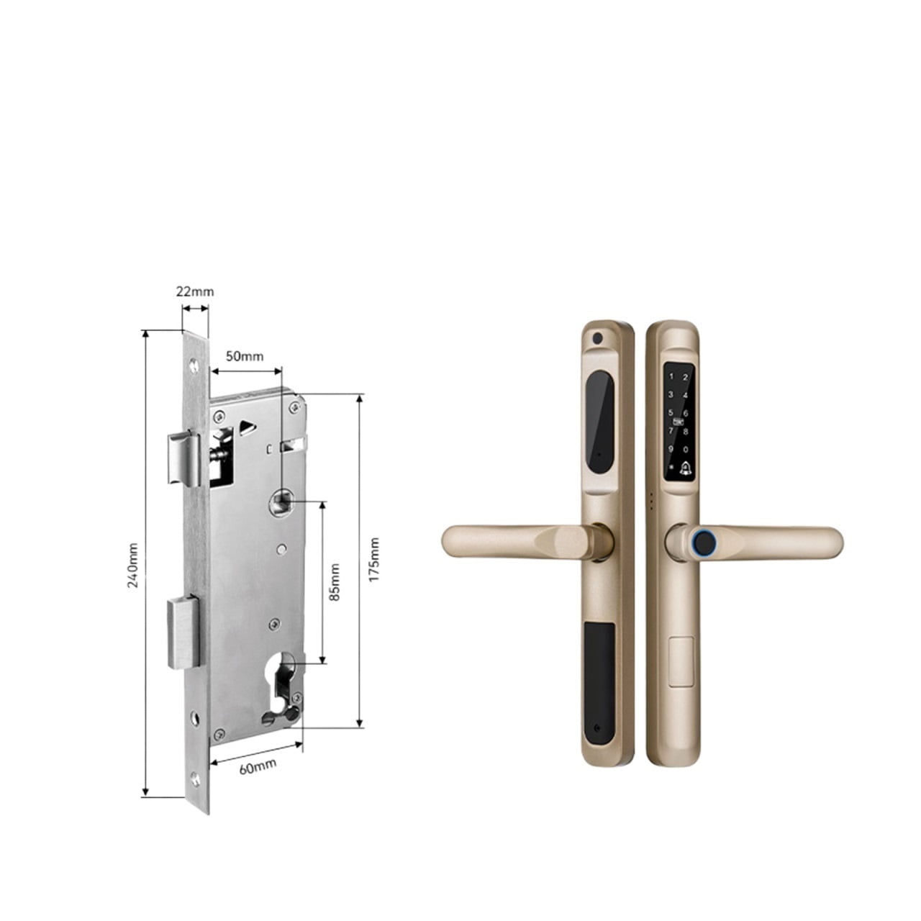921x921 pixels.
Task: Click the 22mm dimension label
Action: click(195, 291)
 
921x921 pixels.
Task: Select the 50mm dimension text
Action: click(245, 356)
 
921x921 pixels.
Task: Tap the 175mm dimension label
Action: click(373, 559)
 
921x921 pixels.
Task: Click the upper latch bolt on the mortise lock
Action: click(181, 458)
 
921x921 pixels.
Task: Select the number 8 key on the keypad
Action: click(686, 430)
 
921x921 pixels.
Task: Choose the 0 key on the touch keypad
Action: click(686, 448)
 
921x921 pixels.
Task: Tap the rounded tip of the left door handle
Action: click(453, 541)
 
